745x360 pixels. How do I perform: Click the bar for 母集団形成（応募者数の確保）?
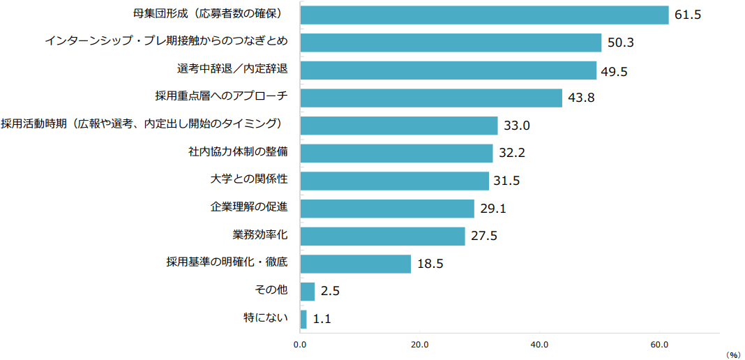pos(484,15)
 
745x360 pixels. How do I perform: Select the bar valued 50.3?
pos(451,43)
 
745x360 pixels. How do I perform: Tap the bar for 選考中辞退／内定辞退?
pos(448,70)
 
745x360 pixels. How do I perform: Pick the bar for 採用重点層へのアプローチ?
pos(431,98)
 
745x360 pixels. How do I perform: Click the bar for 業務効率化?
pos(382,236)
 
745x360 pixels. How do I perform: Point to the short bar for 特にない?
pos(303,319)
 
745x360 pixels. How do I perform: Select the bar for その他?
pos(307,292)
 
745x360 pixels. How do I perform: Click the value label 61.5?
pos(687,15)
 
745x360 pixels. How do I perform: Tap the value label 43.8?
pos(581,98)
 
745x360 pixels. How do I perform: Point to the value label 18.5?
pos(430,264)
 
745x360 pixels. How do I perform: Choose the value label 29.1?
pos(493,209)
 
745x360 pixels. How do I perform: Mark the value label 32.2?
pos(511,153)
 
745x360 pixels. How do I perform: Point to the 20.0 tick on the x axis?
pos(419,345)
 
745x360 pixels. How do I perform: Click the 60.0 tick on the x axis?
pos(659,345)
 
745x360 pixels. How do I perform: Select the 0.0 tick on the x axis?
pos(300,345)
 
